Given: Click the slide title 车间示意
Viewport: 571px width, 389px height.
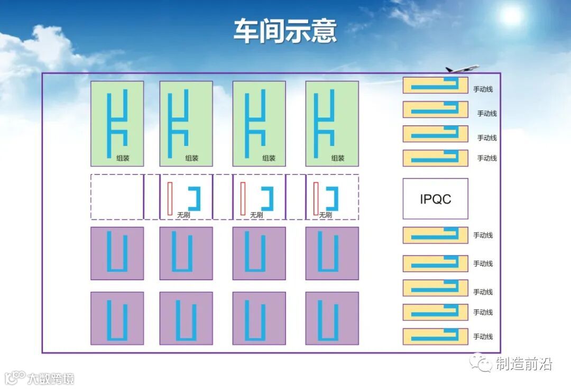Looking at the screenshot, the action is click(x=285, y=31).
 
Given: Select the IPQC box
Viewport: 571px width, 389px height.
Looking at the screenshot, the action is click(x=435, y=199).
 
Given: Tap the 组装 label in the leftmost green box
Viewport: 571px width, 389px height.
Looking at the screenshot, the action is click(x=123, y=158).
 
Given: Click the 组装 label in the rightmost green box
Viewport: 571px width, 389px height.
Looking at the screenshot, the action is click(x=338, y=158).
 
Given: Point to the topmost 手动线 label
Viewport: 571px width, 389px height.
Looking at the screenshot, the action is click(x=483, y=89).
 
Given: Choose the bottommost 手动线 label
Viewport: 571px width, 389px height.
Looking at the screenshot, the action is click(x=483, y=337).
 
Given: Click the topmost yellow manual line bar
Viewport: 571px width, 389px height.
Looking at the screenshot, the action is click(x=435, y=85).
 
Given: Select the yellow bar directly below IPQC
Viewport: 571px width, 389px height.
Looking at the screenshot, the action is click(x=435, y=235).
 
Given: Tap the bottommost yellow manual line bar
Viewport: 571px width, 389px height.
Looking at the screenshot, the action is click(x=435, y=337).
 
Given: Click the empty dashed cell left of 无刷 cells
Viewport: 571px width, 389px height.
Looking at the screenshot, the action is click(x=117, y=197).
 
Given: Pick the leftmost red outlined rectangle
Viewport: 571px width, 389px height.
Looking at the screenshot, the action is click(x=170, y=199).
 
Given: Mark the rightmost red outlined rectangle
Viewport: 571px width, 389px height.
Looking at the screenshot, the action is click(x=316, y=199).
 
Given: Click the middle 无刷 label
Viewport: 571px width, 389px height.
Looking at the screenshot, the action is click(x=256, y=215).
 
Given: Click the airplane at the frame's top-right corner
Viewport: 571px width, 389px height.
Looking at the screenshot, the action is click(x=462, y=69).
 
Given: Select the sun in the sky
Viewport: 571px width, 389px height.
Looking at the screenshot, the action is click(x=511, y=16).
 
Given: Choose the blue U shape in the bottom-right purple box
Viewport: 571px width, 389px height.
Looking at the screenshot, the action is click(x=332, y=319).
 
